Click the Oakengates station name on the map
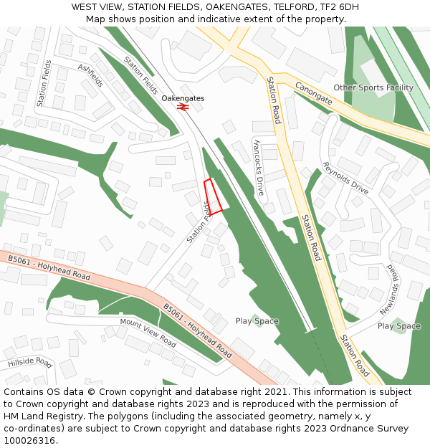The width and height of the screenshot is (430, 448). tap(183, 97)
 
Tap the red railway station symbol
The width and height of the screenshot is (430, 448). tap(183, 107)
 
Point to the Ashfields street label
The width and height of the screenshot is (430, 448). tap(90, 75)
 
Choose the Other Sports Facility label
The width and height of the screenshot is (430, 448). tap(373, 87)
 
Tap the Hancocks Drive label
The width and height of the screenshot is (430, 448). tap(259, 167)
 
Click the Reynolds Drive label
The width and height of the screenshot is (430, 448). tap(345, 178)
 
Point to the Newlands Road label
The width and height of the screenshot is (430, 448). tap(389, 289)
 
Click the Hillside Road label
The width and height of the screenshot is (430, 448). tap(30, 363)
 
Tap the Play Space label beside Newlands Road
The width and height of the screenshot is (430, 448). tap(399, 326)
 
